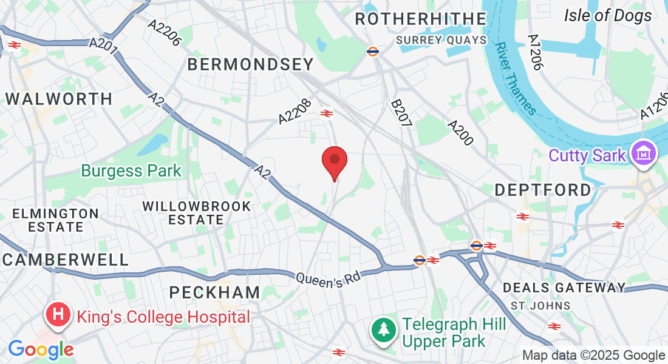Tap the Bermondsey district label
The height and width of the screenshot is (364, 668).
point(250,64)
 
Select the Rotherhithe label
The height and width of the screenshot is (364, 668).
point(420,19)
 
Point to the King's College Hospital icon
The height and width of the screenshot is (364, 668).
point(58,315)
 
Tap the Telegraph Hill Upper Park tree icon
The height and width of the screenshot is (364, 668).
point(383,330)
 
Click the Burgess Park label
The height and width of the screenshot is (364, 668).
point(131,170)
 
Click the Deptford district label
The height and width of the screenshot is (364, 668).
point(543,190)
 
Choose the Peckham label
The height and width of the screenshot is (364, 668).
point(215,292)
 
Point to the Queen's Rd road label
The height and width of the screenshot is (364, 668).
point(329,278)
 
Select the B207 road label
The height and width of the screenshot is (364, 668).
point(401,113)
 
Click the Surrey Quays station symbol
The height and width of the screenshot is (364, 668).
point(373,52)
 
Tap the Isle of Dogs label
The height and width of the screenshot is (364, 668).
point(608,16)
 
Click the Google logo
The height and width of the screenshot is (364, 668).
point(41,349)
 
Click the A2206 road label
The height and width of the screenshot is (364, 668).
point(165,32)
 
